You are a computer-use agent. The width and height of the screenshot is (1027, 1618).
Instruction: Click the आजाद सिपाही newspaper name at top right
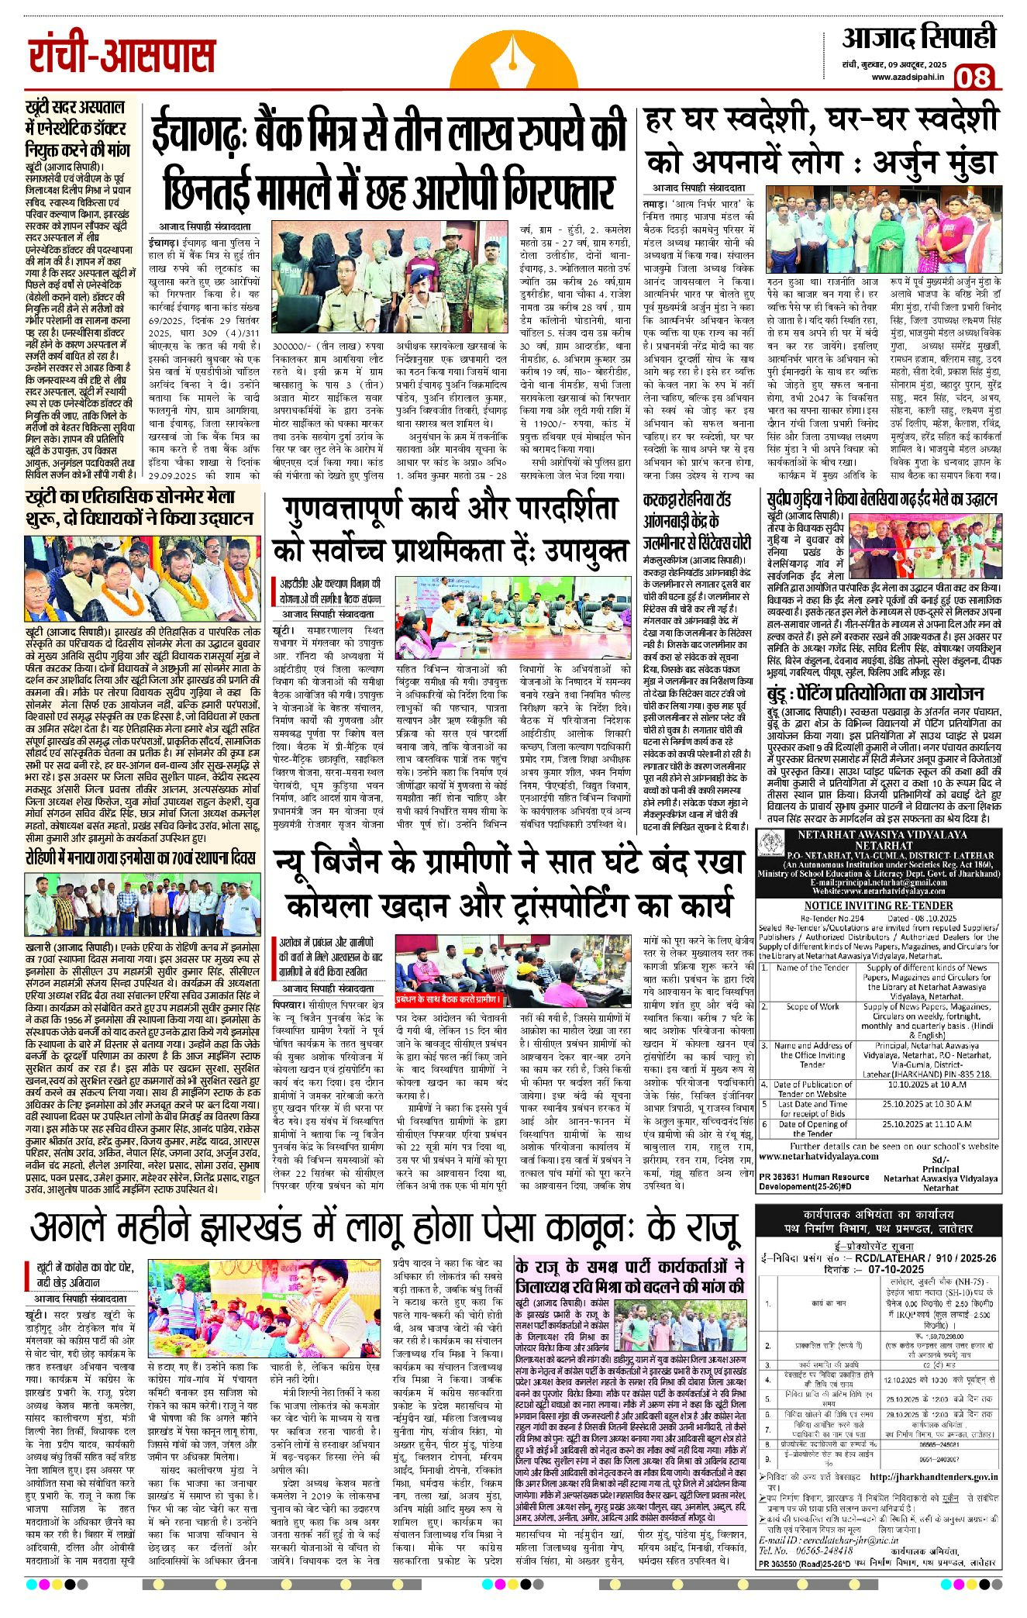[x=919, y=38]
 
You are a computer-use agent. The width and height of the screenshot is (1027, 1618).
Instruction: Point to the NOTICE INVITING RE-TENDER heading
[x=878, y=906]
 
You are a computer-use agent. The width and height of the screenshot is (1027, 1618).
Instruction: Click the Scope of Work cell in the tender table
[x=812, y=1006]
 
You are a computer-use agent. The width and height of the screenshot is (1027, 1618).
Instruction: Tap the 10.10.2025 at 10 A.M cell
[x=929, y=1084]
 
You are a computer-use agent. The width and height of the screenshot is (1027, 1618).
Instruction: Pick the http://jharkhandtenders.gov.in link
[x=933, y=1478]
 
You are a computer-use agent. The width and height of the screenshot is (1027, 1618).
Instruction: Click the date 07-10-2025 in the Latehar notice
[x=896, y=1269]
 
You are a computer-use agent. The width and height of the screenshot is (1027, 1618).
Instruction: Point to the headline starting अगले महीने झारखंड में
[x=384, y=1226]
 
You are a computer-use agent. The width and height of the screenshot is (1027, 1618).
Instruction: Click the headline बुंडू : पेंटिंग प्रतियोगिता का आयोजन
[x=875, y=693]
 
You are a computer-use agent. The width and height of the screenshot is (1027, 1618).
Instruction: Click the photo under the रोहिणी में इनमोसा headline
[x=142, y=906]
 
